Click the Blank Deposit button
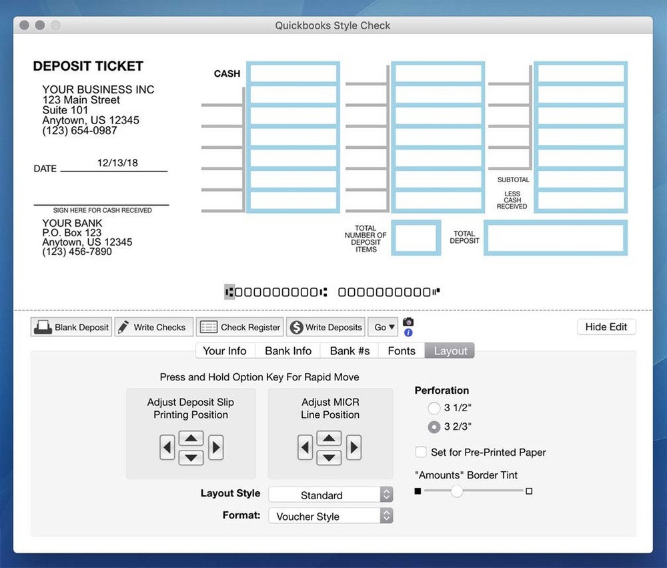(x=71, y=327)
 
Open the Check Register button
(x=240, y=327)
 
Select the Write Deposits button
(x=325, y=327)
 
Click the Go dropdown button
(x=384, y=327)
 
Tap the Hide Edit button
(x=606, y=327)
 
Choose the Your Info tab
(x=225, y=351)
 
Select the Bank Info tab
(x=288, y=351)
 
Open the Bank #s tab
(x=350, y=351)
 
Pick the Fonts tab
(x=402, y=351)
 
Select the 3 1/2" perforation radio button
(x=434, y=408)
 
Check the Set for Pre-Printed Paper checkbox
(x=421, y=452)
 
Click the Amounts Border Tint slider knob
(x=456, y=491)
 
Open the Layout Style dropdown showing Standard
(x=330, y=495)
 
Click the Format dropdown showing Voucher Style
(x=330, y=516)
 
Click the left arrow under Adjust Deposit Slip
(x=167, y=447)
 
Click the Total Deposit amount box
(x=555, y=238)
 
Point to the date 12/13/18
(x=117, y=163)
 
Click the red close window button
(x=25, y=25)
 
